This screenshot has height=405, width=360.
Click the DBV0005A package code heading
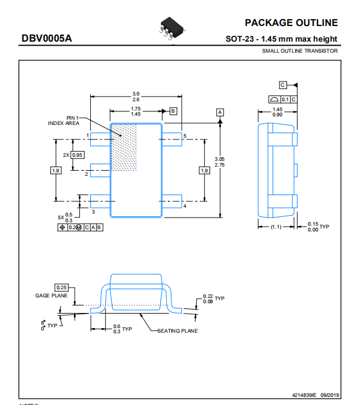(46, 38)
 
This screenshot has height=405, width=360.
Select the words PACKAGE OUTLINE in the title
(291, 23)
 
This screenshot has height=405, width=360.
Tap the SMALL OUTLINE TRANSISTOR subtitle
(300, 51)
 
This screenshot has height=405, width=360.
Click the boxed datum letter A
(220, 112)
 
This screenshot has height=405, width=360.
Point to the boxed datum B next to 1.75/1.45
(173, 111)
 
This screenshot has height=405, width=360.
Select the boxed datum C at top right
(282, 85)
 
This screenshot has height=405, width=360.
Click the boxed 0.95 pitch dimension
(78, 155)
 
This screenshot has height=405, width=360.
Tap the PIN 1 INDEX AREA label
(64, 120)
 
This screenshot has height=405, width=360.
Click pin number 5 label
(185, 136)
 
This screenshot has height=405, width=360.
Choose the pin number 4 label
(185, 206)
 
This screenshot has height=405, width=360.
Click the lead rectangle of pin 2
(101, 170)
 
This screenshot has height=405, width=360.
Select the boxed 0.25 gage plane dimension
(61, 288)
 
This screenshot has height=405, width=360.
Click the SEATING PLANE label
(178, 331)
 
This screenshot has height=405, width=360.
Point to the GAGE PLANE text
(51, 296)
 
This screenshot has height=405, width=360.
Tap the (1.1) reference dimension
(276, 227)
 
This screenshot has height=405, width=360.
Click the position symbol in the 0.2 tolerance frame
(63, 227)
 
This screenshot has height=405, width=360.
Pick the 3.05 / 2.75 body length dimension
(219, 162)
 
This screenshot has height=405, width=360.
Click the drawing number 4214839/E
(304, 395)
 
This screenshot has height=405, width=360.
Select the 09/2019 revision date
(330, 395)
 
